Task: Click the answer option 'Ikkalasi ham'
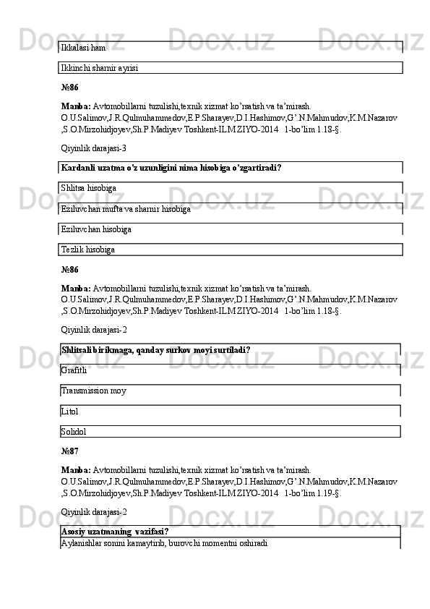pyautogui.click(x=84, y=48)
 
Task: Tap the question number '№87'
pyautogui.click(x=70, y=451)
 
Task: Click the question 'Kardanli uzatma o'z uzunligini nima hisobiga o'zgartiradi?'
pyautogui.click(x=171, y=168)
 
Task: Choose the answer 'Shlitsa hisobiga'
pyautogui.click(x=90, y=188)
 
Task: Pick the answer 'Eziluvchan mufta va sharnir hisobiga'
pyautogui.click(x=126, y=209)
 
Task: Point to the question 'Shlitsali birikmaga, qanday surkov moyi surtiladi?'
pyautogui.click(x=156, y=350)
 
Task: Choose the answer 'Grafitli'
pyautogui.click(x=74, y=370)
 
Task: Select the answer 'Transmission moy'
pyautogui.click(x=94, y=391)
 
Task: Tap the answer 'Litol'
pyautogui.click(x=70, y=412)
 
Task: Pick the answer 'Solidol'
pyautogui.click(x=74, y=432)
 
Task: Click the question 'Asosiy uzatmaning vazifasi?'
pyautogui.click(x=116, y=532)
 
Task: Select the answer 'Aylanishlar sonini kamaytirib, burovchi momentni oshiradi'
pyautogui.click(x=165, y=542)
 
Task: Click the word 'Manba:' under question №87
pyautogui.click(x=76, y=469)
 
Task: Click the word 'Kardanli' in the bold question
pyautogui.click(x=80, y=168)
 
